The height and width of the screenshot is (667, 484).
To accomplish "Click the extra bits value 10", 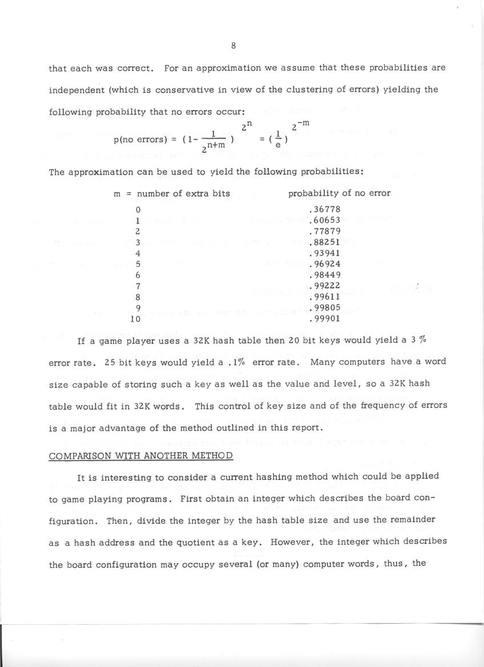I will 136,319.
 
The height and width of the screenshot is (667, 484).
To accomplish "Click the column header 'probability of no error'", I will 339,193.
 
